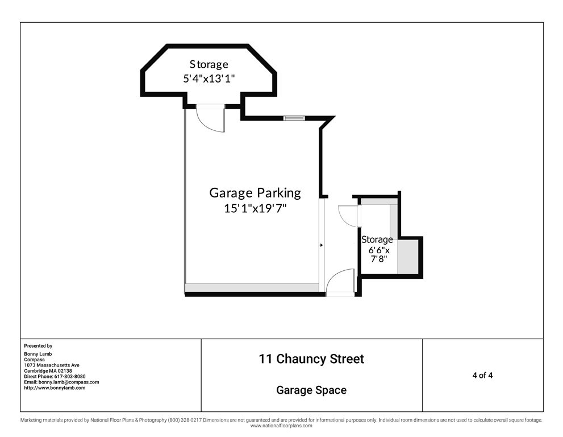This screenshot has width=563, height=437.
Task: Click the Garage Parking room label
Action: coord(255,193)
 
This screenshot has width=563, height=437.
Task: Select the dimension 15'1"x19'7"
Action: coord(255,208)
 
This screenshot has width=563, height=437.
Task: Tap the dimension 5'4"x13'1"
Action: coord(209,79)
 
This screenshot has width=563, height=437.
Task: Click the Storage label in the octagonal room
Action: coord(209,64)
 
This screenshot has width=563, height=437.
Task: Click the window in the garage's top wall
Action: coord(294,118)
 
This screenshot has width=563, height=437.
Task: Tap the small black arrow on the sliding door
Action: coord(322,245)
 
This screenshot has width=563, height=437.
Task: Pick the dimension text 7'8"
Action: coord(379,258)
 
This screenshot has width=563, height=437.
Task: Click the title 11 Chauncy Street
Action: coord(311,359)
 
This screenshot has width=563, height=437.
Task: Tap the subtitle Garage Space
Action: coord(311,390)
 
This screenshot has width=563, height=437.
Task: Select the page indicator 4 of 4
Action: coord(482,376)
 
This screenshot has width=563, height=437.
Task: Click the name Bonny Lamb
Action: coord(37,354)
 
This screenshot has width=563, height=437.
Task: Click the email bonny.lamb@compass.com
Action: coord(69,382)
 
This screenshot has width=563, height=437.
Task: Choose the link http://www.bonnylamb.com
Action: coord(55,388)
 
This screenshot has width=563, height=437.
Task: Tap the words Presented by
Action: coord(38,346)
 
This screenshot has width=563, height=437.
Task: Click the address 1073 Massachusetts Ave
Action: coord(52,365)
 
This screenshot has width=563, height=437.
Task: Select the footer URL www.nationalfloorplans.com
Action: coord(281,426)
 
